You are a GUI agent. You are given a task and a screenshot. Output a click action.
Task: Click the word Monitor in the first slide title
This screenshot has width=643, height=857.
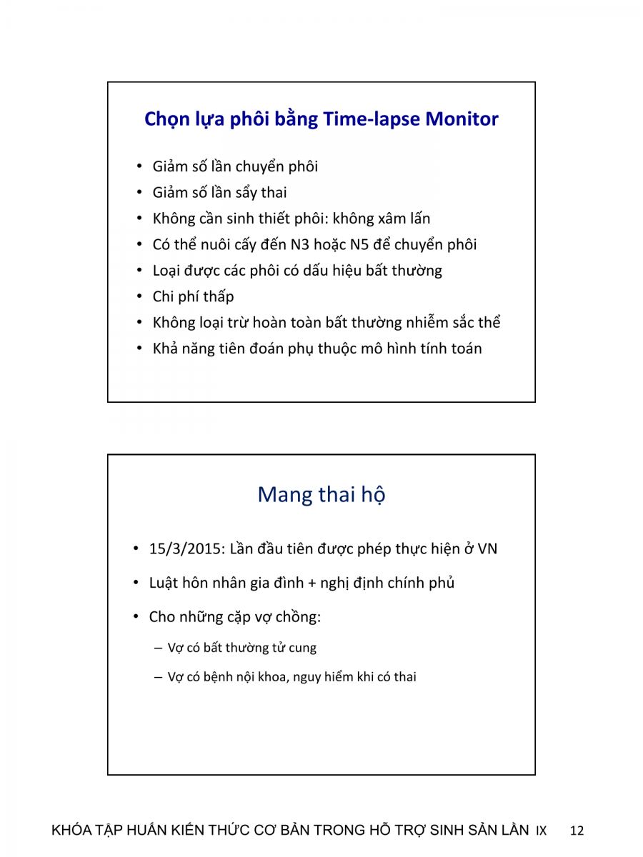click(462, 119)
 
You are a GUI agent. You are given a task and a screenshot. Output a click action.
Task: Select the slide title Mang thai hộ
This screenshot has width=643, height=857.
click(321, 494)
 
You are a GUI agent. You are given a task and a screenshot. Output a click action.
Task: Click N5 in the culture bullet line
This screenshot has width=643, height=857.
click(359, 244)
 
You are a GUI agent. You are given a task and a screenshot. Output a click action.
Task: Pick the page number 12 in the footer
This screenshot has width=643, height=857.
click(577, 831)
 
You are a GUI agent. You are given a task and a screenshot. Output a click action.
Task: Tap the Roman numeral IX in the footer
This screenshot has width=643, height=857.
click(541, 831)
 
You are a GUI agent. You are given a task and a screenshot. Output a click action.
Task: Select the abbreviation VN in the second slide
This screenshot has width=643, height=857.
click(487, 549)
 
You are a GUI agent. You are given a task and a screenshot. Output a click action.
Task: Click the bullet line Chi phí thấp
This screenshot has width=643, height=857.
click(193, 296)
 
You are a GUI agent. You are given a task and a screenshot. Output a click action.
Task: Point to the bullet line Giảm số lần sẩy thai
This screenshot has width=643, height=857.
click(219, 192)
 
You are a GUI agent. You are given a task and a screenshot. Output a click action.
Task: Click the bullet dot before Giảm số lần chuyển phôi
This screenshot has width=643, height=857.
click(140, 167)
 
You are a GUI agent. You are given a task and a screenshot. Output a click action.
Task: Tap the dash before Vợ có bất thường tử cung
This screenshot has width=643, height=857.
click(159, 648)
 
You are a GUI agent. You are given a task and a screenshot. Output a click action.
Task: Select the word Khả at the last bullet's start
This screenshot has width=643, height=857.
click(165, 349)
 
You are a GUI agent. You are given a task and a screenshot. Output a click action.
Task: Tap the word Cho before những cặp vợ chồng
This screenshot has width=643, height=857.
click(161, 616)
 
